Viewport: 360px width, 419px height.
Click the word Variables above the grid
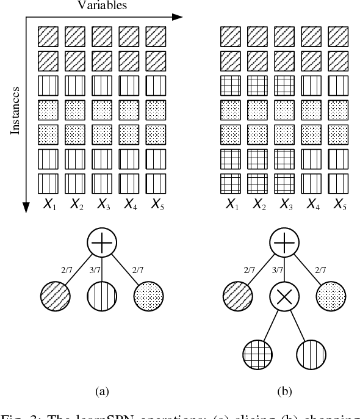point(102,5)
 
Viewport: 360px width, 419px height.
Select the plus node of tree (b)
point(283,244)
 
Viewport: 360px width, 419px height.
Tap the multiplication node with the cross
point(283,297)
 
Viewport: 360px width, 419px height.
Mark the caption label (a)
point(101,390)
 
